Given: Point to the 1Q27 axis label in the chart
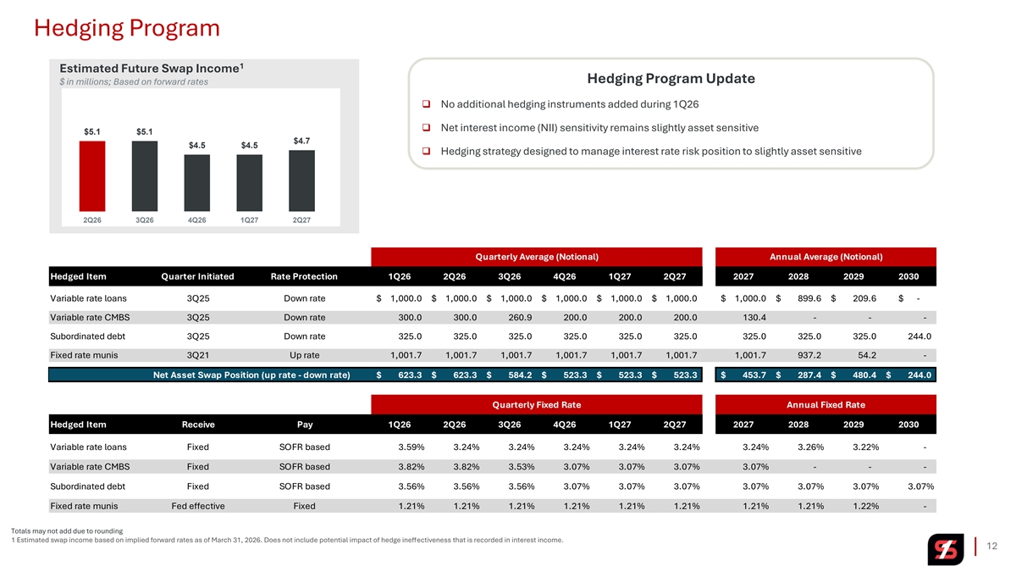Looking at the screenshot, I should [249, 219].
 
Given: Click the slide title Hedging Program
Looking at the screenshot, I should [127, 28].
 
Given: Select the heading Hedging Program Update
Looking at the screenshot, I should [671, 79].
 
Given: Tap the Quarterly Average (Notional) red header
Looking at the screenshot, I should [537, 257].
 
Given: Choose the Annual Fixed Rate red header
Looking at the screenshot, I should [825, 404].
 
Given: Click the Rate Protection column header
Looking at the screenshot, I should [304, 276].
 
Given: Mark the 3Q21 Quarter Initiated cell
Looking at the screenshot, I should [197, 355].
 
